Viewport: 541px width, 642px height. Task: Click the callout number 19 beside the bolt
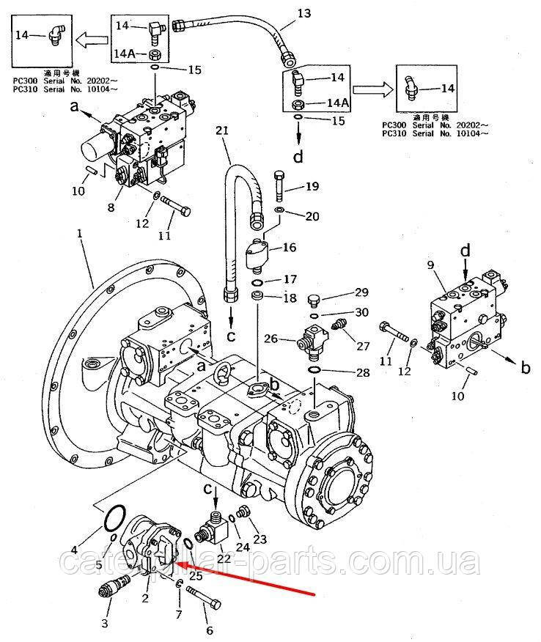click(312, 186)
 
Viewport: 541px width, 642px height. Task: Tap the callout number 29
click(361, 293)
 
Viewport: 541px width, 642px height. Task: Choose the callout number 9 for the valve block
click(430, 265)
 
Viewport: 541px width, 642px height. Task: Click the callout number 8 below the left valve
click(111, 207)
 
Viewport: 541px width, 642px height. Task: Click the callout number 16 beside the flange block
click(290, 248)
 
